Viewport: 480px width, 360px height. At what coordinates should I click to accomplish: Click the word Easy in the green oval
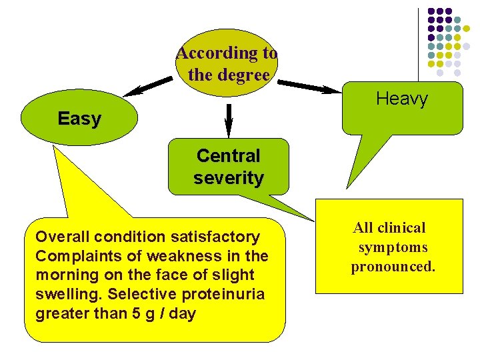79,119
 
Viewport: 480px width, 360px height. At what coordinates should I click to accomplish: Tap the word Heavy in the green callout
401,100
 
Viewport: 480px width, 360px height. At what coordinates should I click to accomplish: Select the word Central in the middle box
228,156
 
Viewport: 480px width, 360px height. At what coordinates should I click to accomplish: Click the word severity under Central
228,178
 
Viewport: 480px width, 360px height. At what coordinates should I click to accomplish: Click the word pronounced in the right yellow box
393,267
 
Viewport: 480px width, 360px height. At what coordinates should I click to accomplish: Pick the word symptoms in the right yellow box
393,247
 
